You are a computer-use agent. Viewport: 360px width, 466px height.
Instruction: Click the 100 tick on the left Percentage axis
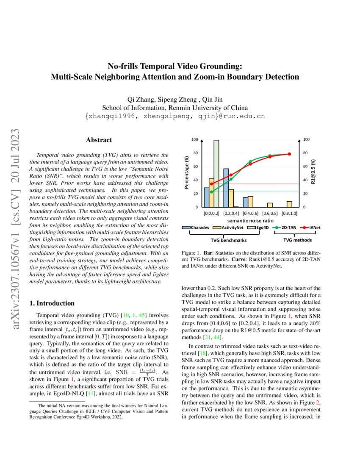(x=194, y=139)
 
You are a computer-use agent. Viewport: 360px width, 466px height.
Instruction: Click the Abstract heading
(x=99, y=140)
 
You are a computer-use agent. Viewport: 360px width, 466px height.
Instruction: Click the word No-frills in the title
(x=125, y=66)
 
